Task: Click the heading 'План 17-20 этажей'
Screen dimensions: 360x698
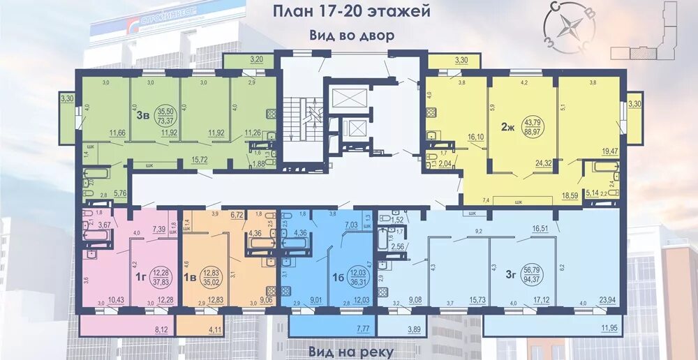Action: (x=350, y=12)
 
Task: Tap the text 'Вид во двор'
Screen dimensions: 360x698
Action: (x=351, y=35)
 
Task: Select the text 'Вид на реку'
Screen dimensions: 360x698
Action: (x=351, y=351)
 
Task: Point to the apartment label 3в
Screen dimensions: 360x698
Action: (x=142, y=115)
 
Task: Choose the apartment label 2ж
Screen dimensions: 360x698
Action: (x=507, y=127)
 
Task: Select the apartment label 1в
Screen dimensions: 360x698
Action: (x=190, y=277)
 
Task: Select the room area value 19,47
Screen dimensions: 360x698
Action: (x=611, y=150)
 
